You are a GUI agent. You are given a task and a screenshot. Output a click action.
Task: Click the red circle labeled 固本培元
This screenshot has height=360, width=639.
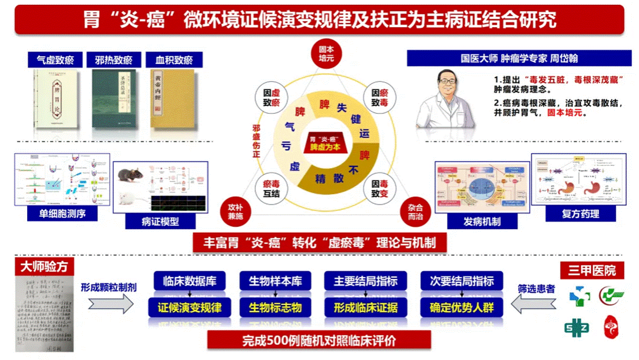coord(327,53)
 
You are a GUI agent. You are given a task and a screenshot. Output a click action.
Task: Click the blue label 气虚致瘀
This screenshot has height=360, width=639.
coord(56,60)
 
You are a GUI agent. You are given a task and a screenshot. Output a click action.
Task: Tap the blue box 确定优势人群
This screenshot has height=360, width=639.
coord(462,307)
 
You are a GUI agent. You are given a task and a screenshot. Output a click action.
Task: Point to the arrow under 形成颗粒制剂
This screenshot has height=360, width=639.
coord(110,305)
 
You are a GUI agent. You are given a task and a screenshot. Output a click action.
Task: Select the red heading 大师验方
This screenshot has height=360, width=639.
coord(44,267)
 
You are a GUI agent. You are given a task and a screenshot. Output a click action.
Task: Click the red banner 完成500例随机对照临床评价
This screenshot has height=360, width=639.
coord(319,340)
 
